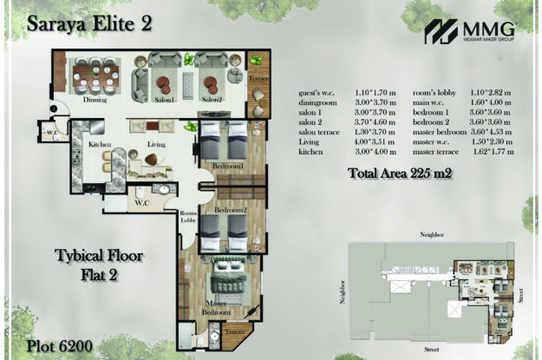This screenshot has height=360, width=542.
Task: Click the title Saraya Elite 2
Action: pos(89,23)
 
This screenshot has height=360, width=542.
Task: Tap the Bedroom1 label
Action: pos(227,166)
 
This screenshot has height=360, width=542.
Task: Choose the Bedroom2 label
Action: pos(230,210)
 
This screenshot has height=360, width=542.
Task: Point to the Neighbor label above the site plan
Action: pos(431,234)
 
